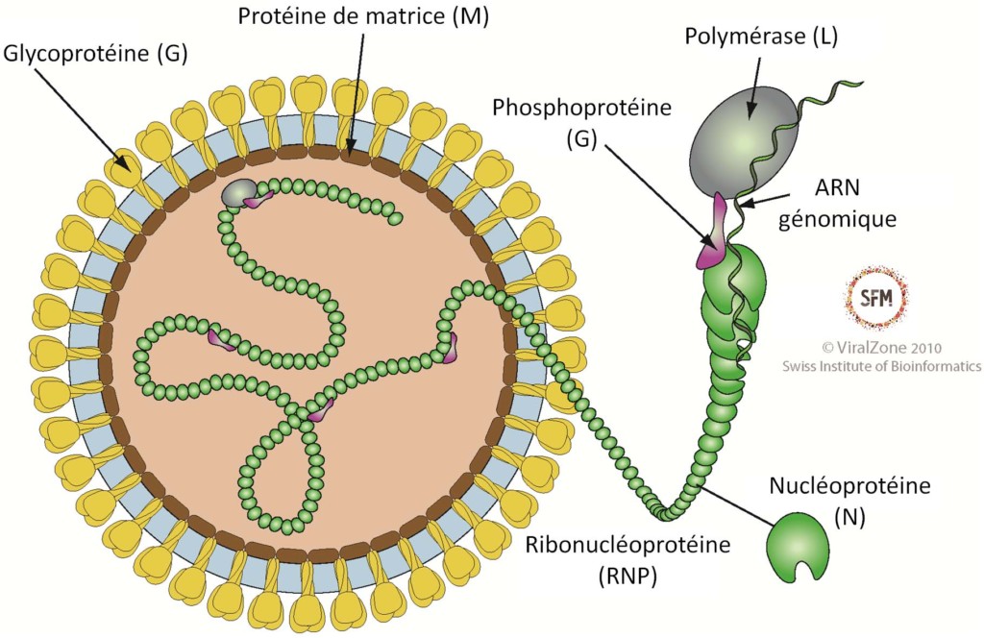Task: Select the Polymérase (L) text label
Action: point(761,37)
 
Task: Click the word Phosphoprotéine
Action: point(568,107)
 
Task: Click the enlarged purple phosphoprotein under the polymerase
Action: point(713,235)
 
